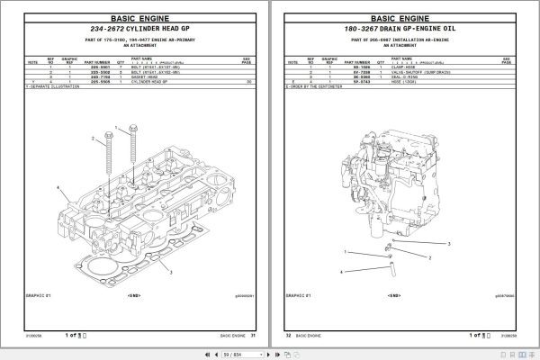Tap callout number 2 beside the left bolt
coord(92,139)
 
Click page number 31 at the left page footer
coord(254,336)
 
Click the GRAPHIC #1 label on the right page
coord(298,293)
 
